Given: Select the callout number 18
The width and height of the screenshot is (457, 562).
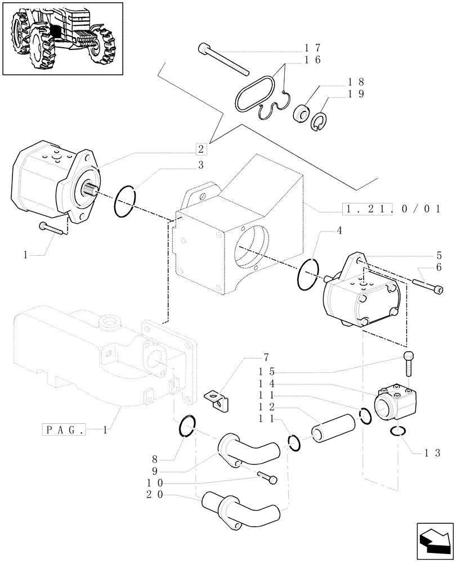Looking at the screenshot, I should tap(356, 81).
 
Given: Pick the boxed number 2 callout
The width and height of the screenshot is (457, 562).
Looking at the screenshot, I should tap(201, 149).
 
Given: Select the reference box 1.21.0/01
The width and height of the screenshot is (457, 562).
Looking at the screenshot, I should tap(391, 209).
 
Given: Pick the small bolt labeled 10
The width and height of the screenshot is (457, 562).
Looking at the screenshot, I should tap(268, 478).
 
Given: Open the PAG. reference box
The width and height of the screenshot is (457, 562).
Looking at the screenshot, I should tap(64, 430).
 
